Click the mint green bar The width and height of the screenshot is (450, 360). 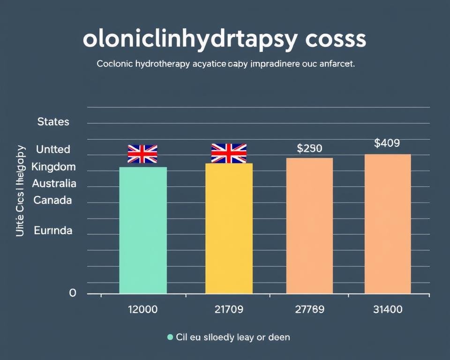tap(143, 230)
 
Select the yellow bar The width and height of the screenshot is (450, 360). tap(229, 228)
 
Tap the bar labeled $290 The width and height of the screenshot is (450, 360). tap(309, 225)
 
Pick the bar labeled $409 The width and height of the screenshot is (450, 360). tap(388, 224)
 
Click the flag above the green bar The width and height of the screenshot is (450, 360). tap(142, 154)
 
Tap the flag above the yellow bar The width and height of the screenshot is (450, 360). tap(229, 153)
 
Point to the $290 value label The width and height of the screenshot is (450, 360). tap(309, 149)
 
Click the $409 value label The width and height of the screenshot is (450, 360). tap(387, 143)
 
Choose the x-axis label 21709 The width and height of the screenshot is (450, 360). tap(229, 309)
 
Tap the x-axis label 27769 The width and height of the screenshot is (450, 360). tap(309, 309)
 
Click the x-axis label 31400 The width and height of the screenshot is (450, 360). tap(387, 309)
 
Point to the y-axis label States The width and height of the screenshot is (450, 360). tap(53, 122)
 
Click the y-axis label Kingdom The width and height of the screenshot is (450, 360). tap(53, 166)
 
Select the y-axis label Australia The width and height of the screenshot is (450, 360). tap(54, 183)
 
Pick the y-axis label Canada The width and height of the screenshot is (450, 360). tap(53, 200)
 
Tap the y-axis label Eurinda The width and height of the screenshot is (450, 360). tap(53, 231)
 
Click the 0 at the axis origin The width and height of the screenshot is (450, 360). tap(72, 293)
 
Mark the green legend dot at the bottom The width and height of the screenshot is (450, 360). tap(170, 337)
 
